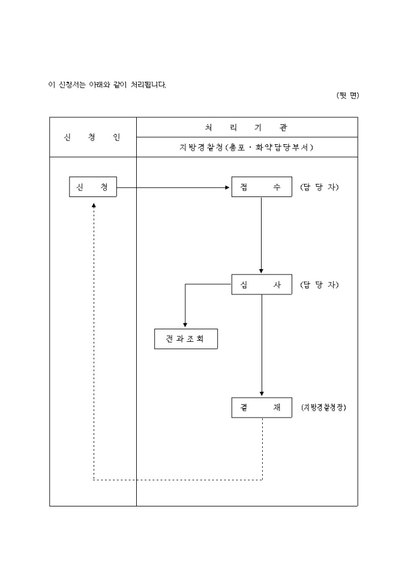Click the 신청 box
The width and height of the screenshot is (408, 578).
(x=92, y=187)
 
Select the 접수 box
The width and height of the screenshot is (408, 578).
(x=261, y=187)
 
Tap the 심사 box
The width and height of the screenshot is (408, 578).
(x=261, y=285)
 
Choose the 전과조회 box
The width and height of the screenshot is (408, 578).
(x=185, y=339)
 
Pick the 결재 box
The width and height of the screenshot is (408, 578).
(x=261, y=407)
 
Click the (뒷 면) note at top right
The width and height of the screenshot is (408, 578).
(x=347, y=96)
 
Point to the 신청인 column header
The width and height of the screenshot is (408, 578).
(x=92, y=137)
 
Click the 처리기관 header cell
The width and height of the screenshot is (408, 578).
(x=247, y=127)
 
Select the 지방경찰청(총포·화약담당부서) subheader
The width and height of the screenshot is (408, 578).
(x=247, y=147)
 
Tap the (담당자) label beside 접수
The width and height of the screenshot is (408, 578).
(x=319, y=187)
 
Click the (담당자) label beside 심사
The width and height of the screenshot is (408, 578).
(x=319, y=285)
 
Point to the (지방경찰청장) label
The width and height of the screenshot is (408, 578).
(x=324, y=407)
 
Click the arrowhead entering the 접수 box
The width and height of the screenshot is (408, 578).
(x=228, y=187)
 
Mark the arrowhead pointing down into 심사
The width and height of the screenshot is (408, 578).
(x=261, y=272)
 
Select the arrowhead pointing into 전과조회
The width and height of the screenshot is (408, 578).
(x=185, y=325)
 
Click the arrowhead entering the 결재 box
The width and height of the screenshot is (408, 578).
(x=262, y=394)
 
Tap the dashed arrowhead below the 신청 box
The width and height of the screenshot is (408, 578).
(x=94, y=204)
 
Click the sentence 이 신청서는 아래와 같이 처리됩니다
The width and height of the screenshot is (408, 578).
(x=107, y=85)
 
